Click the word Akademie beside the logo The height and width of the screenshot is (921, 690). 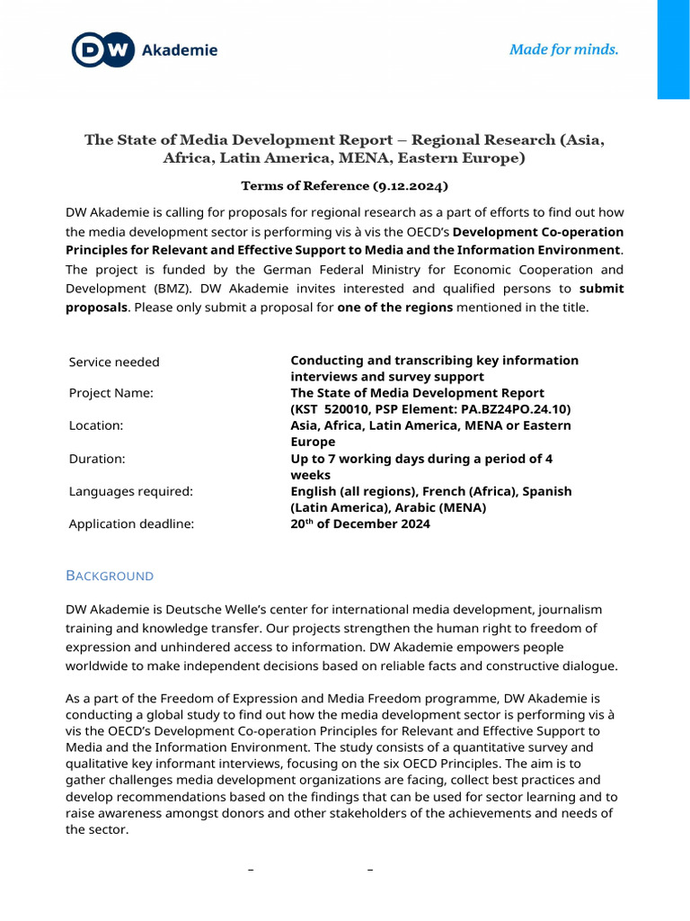[x=180, y=50]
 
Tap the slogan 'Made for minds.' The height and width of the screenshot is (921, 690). [x=563, y=49]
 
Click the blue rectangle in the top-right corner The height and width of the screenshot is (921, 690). [x=673, y=49]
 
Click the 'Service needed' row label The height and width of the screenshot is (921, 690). [x=114, y=362]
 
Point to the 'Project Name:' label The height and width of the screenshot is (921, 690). [x=111, y=393]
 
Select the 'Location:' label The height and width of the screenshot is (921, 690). [x=96, y=425]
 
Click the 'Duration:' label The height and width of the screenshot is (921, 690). [x=97, y=459]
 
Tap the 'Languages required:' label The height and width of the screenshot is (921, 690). [x=131, y=491]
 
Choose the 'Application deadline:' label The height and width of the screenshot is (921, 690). [x=131, y=524]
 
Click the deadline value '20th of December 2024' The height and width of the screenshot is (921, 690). [x=359, y=524]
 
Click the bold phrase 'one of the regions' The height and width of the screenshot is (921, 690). [x=392, y=307]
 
